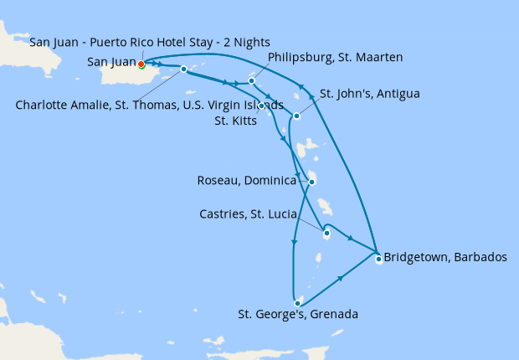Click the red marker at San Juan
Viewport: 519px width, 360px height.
click(141, 64)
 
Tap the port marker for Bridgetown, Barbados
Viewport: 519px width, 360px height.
click(378, 258)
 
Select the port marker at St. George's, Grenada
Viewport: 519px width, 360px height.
click(297, 302)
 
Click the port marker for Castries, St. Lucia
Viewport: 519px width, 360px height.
click(326, 234)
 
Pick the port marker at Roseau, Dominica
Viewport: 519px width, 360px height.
click(311, 182)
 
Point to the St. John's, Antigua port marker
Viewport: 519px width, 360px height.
click(296, 116)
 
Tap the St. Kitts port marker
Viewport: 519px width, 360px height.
click(262, 105)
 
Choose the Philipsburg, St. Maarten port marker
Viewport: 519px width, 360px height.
click(251, 81)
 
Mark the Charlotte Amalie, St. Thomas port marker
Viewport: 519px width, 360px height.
click(183, 69)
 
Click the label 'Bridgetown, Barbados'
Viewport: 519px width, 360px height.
click(445, 257)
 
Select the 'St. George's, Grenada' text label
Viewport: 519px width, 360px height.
click(298, 315)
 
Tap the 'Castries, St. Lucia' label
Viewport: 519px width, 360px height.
click(249, 215)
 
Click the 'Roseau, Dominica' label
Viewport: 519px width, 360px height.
click(247, 181)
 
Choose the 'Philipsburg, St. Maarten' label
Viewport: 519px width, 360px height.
click(336, 57)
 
